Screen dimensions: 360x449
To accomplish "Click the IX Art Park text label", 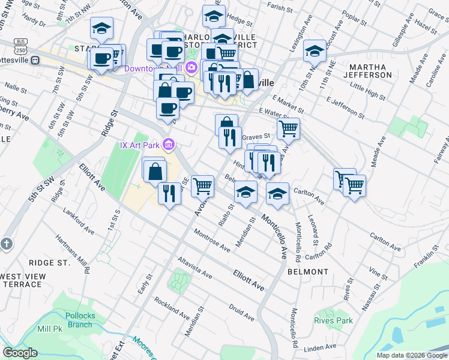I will click(139, 145).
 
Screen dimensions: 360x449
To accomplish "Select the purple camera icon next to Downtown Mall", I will click(191, 67).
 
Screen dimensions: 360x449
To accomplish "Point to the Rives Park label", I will click(333, 320).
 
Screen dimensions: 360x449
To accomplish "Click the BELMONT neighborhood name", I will click(308, 272).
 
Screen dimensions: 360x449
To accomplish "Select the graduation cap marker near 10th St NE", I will click(315, 52).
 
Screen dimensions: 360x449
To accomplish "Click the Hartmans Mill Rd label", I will click(72, 253).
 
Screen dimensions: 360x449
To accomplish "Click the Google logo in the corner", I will click(20, 352).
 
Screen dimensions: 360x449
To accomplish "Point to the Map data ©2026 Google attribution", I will click(411, 355).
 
